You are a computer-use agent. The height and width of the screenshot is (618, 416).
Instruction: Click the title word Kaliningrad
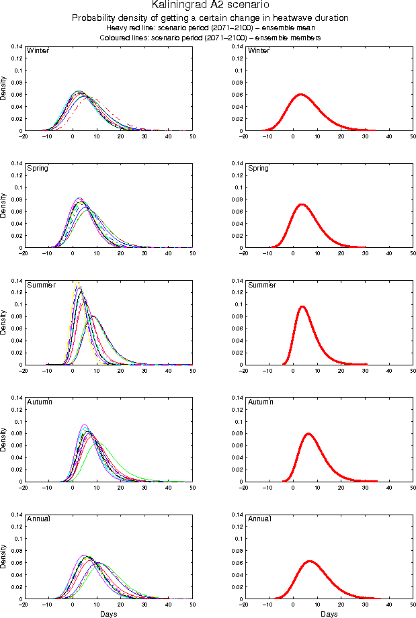181,5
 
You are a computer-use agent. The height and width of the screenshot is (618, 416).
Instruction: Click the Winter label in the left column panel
37,51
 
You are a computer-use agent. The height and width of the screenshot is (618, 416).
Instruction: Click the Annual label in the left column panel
38,519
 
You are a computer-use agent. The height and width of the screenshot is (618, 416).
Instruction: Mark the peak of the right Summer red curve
302,307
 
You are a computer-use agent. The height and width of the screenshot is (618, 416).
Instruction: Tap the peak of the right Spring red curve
301,204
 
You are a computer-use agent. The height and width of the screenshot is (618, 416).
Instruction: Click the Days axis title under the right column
329,614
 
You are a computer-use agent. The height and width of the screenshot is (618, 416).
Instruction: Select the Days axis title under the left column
108,614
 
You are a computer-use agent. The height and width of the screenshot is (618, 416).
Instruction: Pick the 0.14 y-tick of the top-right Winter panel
237,46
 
